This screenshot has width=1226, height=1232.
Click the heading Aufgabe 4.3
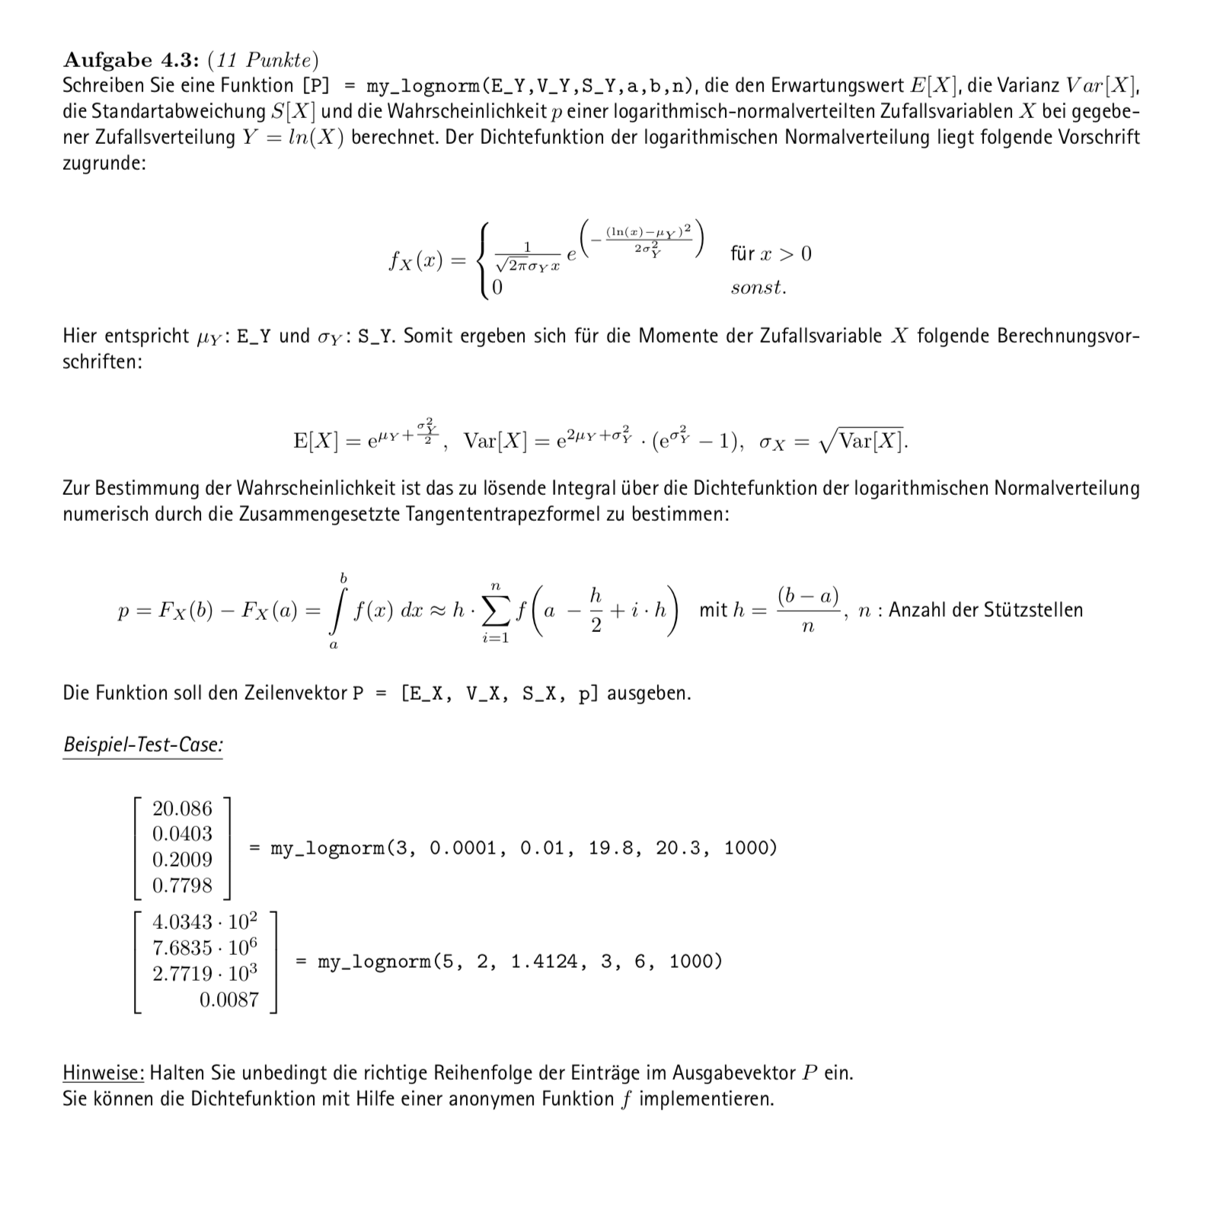[x=130, y=60]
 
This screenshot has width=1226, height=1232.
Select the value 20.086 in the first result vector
[x=182, y=808]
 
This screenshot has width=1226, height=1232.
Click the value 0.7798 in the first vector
[x=182, y=886]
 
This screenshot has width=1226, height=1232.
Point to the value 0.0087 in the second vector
[x=228, y=1000]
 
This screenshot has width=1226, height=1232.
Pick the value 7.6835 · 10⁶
[x=205, y=948]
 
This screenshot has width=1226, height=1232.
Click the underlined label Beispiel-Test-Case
[x=142, y=745]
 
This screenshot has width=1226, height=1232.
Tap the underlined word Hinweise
[x=103, y=1073]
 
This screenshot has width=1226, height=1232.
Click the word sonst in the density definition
[x=758, y=288]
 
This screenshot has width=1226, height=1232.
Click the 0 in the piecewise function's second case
[x=497, y=288]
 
